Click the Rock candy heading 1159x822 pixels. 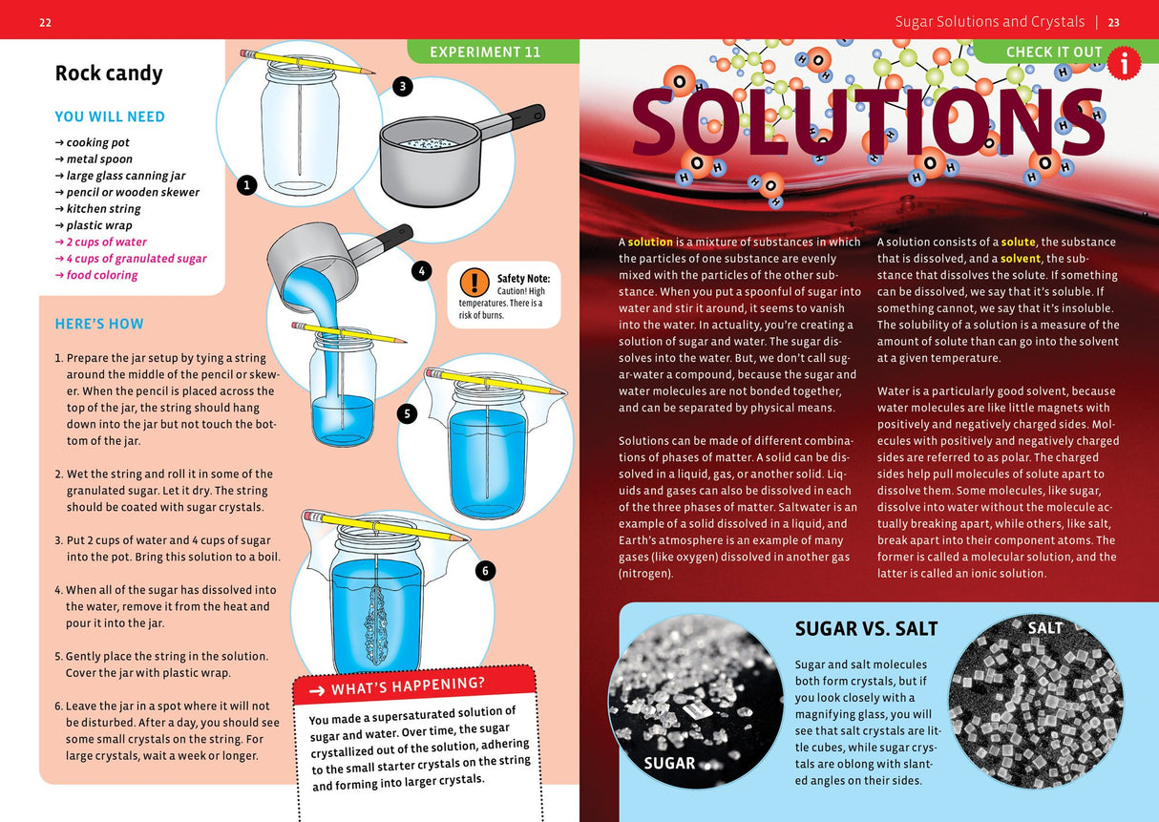point(109,74)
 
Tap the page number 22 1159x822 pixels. point(46,23)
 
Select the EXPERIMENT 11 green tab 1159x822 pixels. point(485,52)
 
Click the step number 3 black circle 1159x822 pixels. point(403,87)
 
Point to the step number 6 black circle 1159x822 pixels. point(485,571)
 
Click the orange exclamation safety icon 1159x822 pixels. point(474,283)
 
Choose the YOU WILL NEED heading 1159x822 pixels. point(110,116)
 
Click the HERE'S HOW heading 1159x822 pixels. point(99,324)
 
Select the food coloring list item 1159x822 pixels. point(101,275)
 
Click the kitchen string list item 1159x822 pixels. point(103,209)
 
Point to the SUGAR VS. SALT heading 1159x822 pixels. point(866,628)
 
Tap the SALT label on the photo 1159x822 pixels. point(1044,627)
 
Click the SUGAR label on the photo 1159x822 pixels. point(669,763)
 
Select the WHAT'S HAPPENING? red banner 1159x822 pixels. point(411,686)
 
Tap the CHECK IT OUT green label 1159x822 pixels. point(1053,52)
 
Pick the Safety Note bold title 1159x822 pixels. point(523,278)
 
